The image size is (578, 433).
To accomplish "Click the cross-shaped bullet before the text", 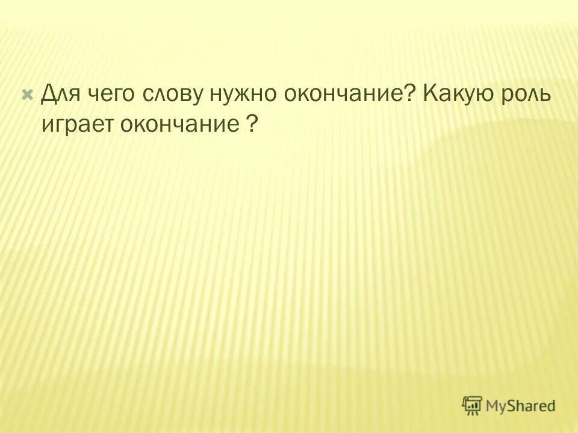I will click(27, 94).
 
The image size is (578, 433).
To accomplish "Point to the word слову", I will click(174, 96).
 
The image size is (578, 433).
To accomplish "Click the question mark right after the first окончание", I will click(411, 94).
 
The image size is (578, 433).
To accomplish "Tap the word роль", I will click(529, 96).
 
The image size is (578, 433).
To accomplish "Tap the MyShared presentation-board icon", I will click(473, 405).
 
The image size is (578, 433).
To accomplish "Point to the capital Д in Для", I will click(49, 94).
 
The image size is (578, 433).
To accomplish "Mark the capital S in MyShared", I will click(512, 406).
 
